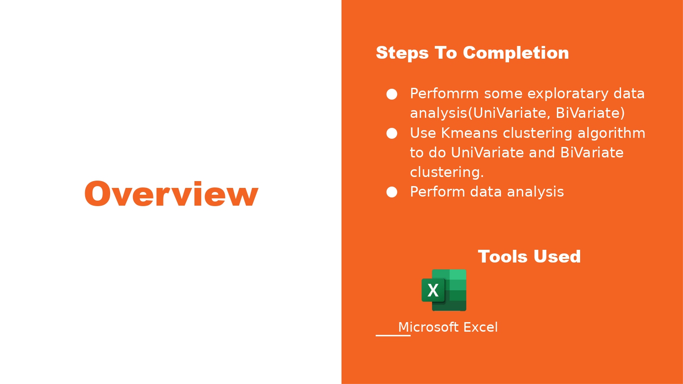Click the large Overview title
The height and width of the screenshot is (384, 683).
tap(171, 194)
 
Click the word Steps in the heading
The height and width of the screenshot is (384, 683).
tap(402, 53)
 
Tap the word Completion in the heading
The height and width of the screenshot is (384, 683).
tap(516, 53)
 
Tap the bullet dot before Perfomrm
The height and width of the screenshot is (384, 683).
tap(392, 94)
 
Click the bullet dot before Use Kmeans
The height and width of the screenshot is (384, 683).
tap(392, 133)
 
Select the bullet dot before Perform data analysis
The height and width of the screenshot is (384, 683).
tap(392, 192)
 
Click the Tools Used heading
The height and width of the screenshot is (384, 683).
tap(529, 256)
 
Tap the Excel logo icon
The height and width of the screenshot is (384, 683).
tap(444, 290)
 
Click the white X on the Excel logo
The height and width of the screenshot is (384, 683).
tap(433, 290)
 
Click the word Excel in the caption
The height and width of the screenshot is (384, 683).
tap(480, 327)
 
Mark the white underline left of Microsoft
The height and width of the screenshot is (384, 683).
tap(393, 335)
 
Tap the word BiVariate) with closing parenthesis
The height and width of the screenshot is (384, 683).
tap(590, 113)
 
